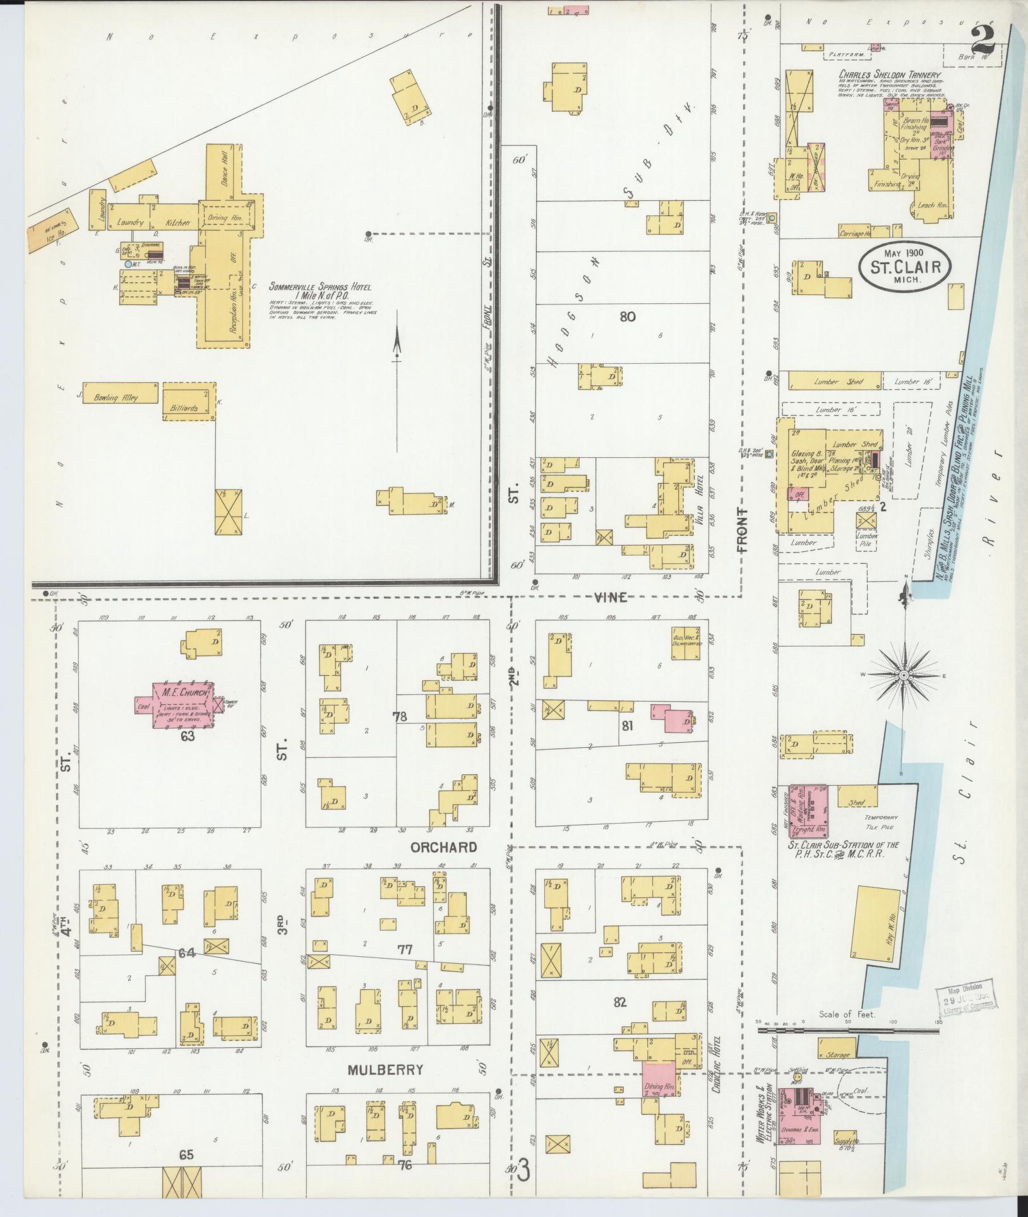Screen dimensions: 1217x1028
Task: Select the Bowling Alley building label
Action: pos(116,397)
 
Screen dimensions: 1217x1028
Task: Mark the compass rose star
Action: pos(904,675)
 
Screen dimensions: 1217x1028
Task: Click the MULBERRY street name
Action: pos(385,1070)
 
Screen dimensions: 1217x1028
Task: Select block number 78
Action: pos(400,716)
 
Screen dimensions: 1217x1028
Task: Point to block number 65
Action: pos(186,1155)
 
